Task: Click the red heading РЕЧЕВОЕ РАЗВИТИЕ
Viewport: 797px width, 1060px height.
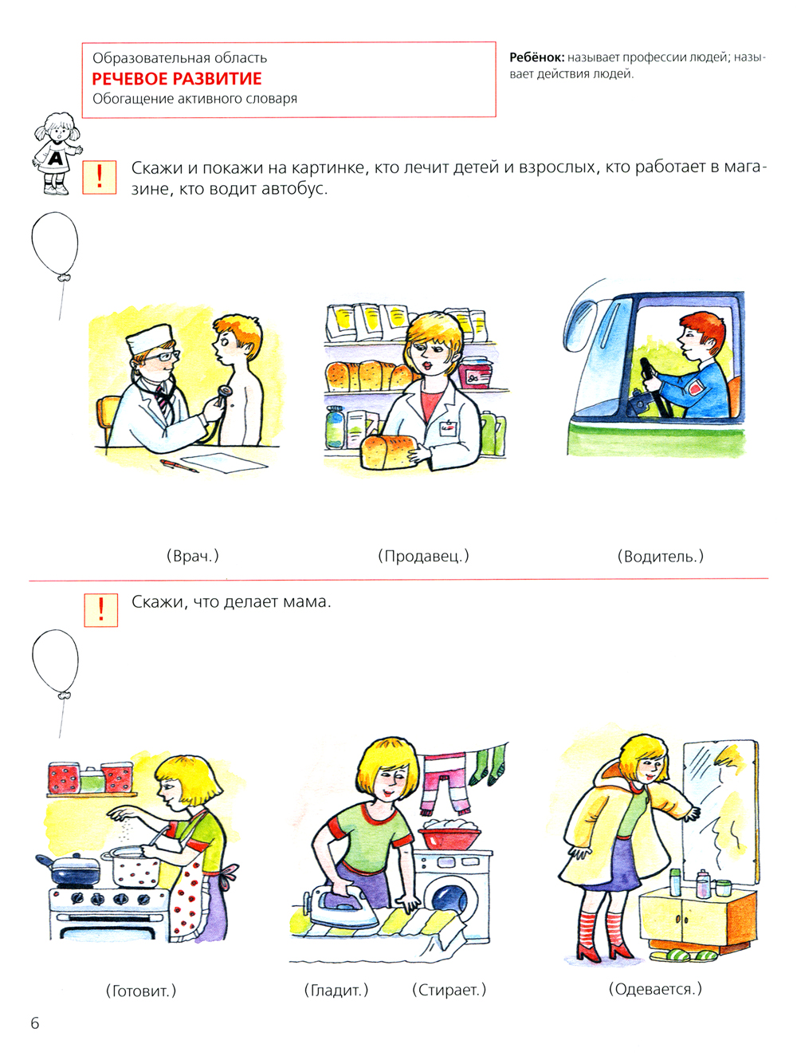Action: (x=177, y=78)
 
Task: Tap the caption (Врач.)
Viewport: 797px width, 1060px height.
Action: (x=193, y=556)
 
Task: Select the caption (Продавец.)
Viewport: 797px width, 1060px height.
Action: (x=423, y=556)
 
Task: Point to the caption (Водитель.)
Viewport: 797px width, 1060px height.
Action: (x=661, y=556)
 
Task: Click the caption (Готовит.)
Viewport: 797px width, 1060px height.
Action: (x=141, y=991)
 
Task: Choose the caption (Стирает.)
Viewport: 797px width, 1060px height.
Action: (x=450, y=991)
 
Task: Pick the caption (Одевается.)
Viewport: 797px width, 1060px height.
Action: (x=654, y=990)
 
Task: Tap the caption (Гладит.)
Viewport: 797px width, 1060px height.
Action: (x=336, y=991)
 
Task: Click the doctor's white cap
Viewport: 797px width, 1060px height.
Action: (x=148, y=337)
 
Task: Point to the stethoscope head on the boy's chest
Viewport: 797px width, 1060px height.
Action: (x=223, y=392)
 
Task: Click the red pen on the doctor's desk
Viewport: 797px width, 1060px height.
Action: (x=179, y=465)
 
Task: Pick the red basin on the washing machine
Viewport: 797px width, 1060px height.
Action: (x=450, y=839)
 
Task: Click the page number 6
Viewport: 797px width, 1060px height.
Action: (x=35, y=1023)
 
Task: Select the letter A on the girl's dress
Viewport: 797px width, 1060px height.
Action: (x=55, y=157)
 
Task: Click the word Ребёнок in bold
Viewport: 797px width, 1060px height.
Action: (x=537, y=57)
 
